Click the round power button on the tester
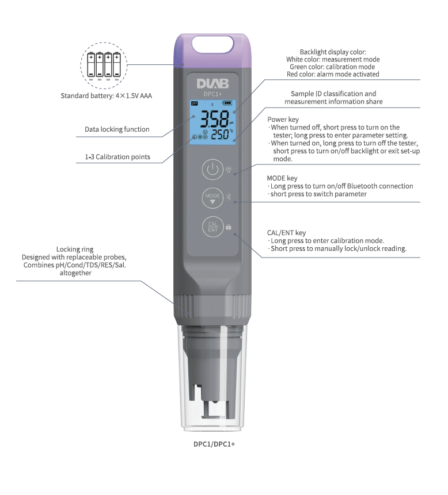[212, 170]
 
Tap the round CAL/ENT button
[212, 227]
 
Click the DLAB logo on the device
[212, 84]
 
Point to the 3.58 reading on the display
[215, 119]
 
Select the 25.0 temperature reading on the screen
[221, 135]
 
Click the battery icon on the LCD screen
[227, 103]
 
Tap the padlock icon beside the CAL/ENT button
[228, 227]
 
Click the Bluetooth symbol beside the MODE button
[229, 197]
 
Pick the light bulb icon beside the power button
[229, 170]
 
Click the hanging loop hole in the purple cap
[212, 44]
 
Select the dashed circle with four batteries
[104, 66]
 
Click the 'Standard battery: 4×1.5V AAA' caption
[106, 95]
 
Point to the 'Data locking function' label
[117, 129]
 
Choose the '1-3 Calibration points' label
[117, 157]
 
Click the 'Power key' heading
[283, 120]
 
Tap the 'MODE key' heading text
[282, 178]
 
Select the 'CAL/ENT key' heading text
[286, 233]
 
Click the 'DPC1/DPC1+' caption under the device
[214, 444]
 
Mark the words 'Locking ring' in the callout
[75, 250]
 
